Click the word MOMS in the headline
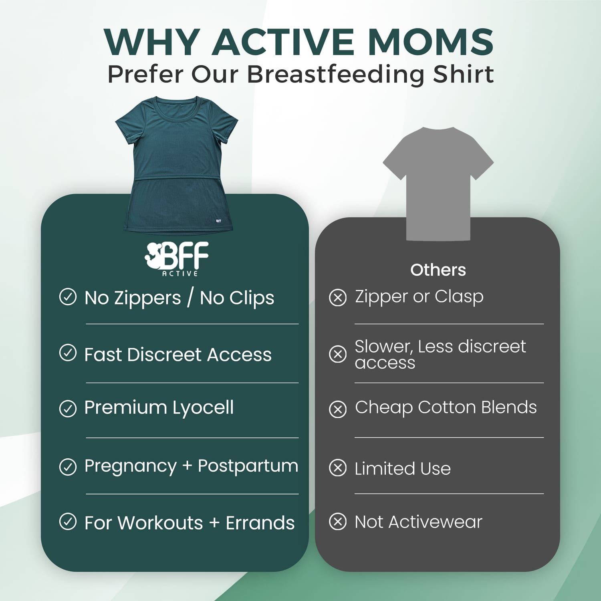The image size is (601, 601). [431, 42]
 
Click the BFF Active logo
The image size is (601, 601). [177, 259]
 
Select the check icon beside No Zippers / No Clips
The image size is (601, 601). [68, 297]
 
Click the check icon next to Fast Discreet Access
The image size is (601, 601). [68, 353]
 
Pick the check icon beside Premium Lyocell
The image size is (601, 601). [68, 409]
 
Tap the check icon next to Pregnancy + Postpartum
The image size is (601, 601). [68, 467]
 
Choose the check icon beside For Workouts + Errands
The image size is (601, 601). [68, 522]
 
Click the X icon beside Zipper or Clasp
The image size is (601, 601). [338, 298]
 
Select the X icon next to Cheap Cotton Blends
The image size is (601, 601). [338, 409]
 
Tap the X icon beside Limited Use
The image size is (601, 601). [338, 468]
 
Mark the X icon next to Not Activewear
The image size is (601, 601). [338, 522]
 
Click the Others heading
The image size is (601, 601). [438, 270]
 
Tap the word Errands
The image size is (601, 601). [260, 523]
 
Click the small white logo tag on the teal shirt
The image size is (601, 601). [218, 221]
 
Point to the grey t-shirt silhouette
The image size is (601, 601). [438, 184]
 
